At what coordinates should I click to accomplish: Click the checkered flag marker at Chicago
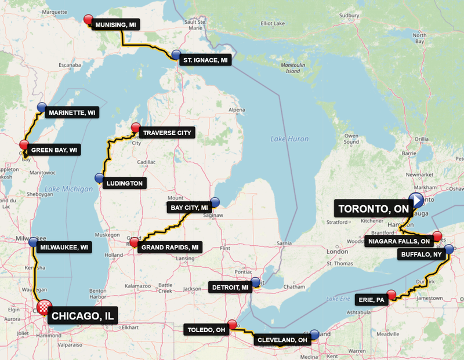(44, 307)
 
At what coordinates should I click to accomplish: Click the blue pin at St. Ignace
(176, 54)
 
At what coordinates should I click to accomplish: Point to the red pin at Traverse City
(136, 128)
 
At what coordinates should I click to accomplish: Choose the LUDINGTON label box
(124, 183)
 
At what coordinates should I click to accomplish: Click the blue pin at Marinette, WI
(41, 107)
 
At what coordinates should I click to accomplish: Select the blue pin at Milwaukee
(33, 242)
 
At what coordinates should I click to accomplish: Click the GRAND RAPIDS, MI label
(171, 248)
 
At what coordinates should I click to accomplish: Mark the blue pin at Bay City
(215, 202)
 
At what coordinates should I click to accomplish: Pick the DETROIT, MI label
(230, 287)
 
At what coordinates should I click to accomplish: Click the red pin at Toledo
(232, 325)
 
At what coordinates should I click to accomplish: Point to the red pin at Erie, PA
(391, 294)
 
